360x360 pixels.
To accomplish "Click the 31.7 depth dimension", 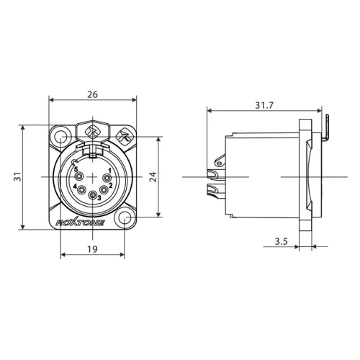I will click(264, 106).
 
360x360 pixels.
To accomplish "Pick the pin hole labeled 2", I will click(104, 189).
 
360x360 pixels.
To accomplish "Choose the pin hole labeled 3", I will click(91, 195).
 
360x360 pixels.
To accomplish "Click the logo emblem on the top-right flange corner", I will click(124, 134).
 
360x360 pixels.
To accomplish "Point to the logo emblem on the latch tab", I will click(92, 132).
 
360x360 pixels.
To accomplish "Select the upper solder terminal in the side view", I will click(214, 174).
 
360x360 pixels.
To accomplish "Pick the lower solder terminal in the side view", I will click(214, 192).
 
